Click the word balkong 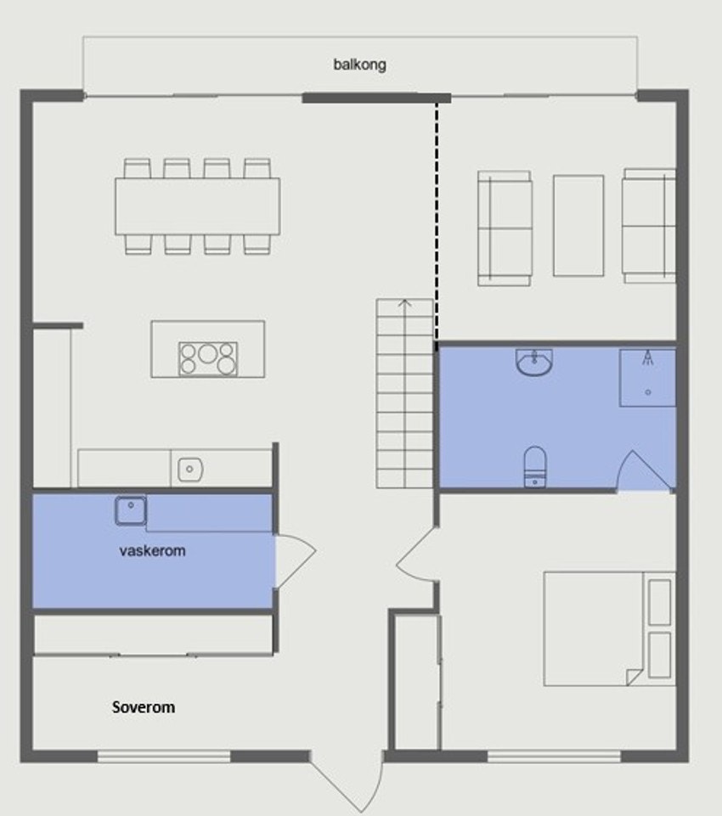pos(360,64)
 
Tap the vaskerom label pos(153,550)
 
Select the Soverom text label pos(144,706)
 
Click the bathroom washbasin pos(534,363)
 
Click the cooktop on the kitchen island pos(208,357)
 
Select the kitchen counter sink pos(189,468)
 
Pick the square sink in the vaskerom pos(131,510)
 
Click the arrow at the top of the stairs pos(405,302)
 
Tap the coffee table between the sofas pos(578,225)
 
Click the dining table pos(198,205)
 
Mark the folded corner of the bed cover pos(634,676)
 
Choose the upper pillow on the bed pos(659,601)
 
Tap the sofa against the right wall pos(649,225)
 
